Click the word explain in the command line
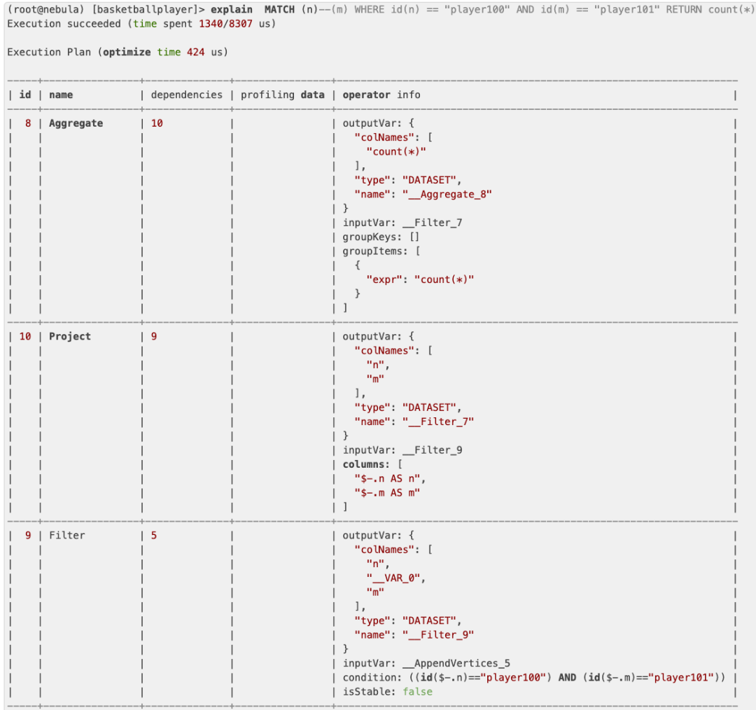(x=232, y=10)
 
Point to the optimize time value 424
(x=195, y=53)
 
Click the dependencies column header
(x=186, y=95)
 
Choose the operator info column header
(x=381, y=95)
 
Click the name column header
(x=61, y=95)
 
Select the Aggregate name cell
(x=76, y=123)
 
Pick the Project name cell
(x=70, y=336)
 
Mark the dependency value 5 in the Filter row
(x=154, y=535)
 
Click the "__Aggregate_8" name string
(x=447, y=194)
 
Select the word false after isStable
(x=417, y=692)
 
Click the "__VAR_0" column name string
(x=395, y=578)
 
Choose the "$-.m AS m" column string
(x=389, y=492)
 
